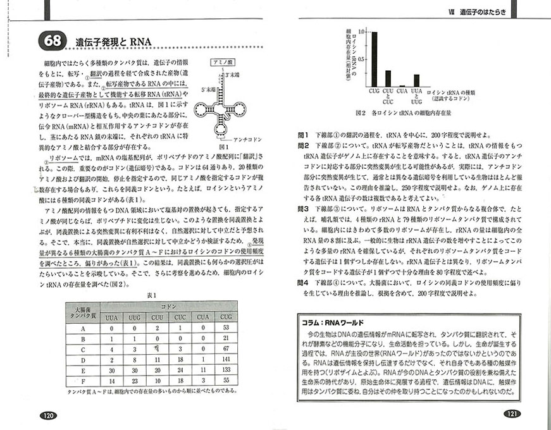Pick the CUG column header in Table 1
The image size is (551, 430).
(x=225, y=316)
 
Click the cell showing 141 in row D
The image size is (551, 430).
(x=225, y=359)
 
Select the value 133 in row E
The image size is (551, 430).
(x=225, y=370)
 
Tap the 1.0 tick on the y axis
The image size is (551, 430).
(x=361, y=32)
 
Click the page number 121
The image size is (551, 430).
(x=512, y=414)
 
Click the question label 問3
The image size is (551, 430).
(x=304, y=207)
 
